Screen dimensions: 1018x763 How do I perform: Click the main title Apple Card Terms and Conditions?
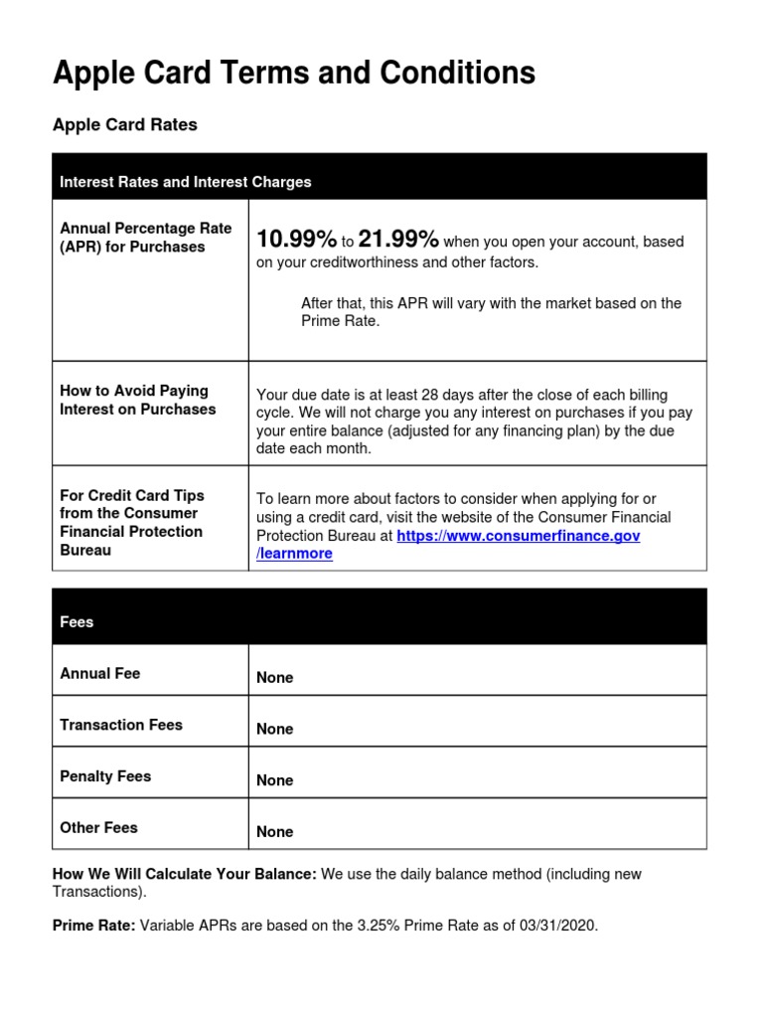tap(293, 73)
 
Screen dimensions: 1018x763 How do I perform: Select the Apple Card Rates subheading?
tap(124, 125)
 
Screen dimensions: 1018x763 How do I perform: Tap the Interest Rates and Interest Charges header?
tap(185, 182)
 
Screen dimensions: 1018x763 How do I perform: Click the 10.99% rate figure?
tap(296, 240)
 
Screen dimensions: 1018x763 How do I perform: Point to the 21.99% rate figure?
tap(397, 240)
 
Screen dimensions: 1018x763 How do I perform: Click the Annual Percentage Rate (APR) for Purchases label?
tap(145, 238)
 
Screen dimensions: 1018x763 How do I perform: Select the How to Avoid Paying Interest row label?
tap(137, 400)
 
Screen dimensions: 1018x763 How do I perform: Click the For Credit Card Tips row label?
tap(131, 522)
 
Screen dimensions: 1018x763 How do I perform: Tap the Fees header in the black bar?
tap(76, 622)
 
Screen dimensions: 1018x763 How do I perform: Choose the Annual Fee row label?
tap(99, 674)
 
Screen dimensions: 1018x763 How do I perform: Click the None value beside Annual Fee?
tap(274, 678)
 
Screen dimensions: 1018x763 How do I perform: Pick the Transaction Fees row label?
tap(121, 726)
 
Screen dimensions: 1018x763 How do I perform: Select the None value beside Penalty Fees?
tap(274, 780)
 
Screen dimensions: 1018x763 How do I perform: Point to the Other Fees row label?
tap(98, 828)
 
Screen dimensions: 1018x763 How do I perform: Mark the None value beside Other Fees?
tap(274, 832)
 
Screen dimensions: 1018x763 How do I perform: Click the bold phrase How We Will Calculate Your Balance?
tap(184, 875)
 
